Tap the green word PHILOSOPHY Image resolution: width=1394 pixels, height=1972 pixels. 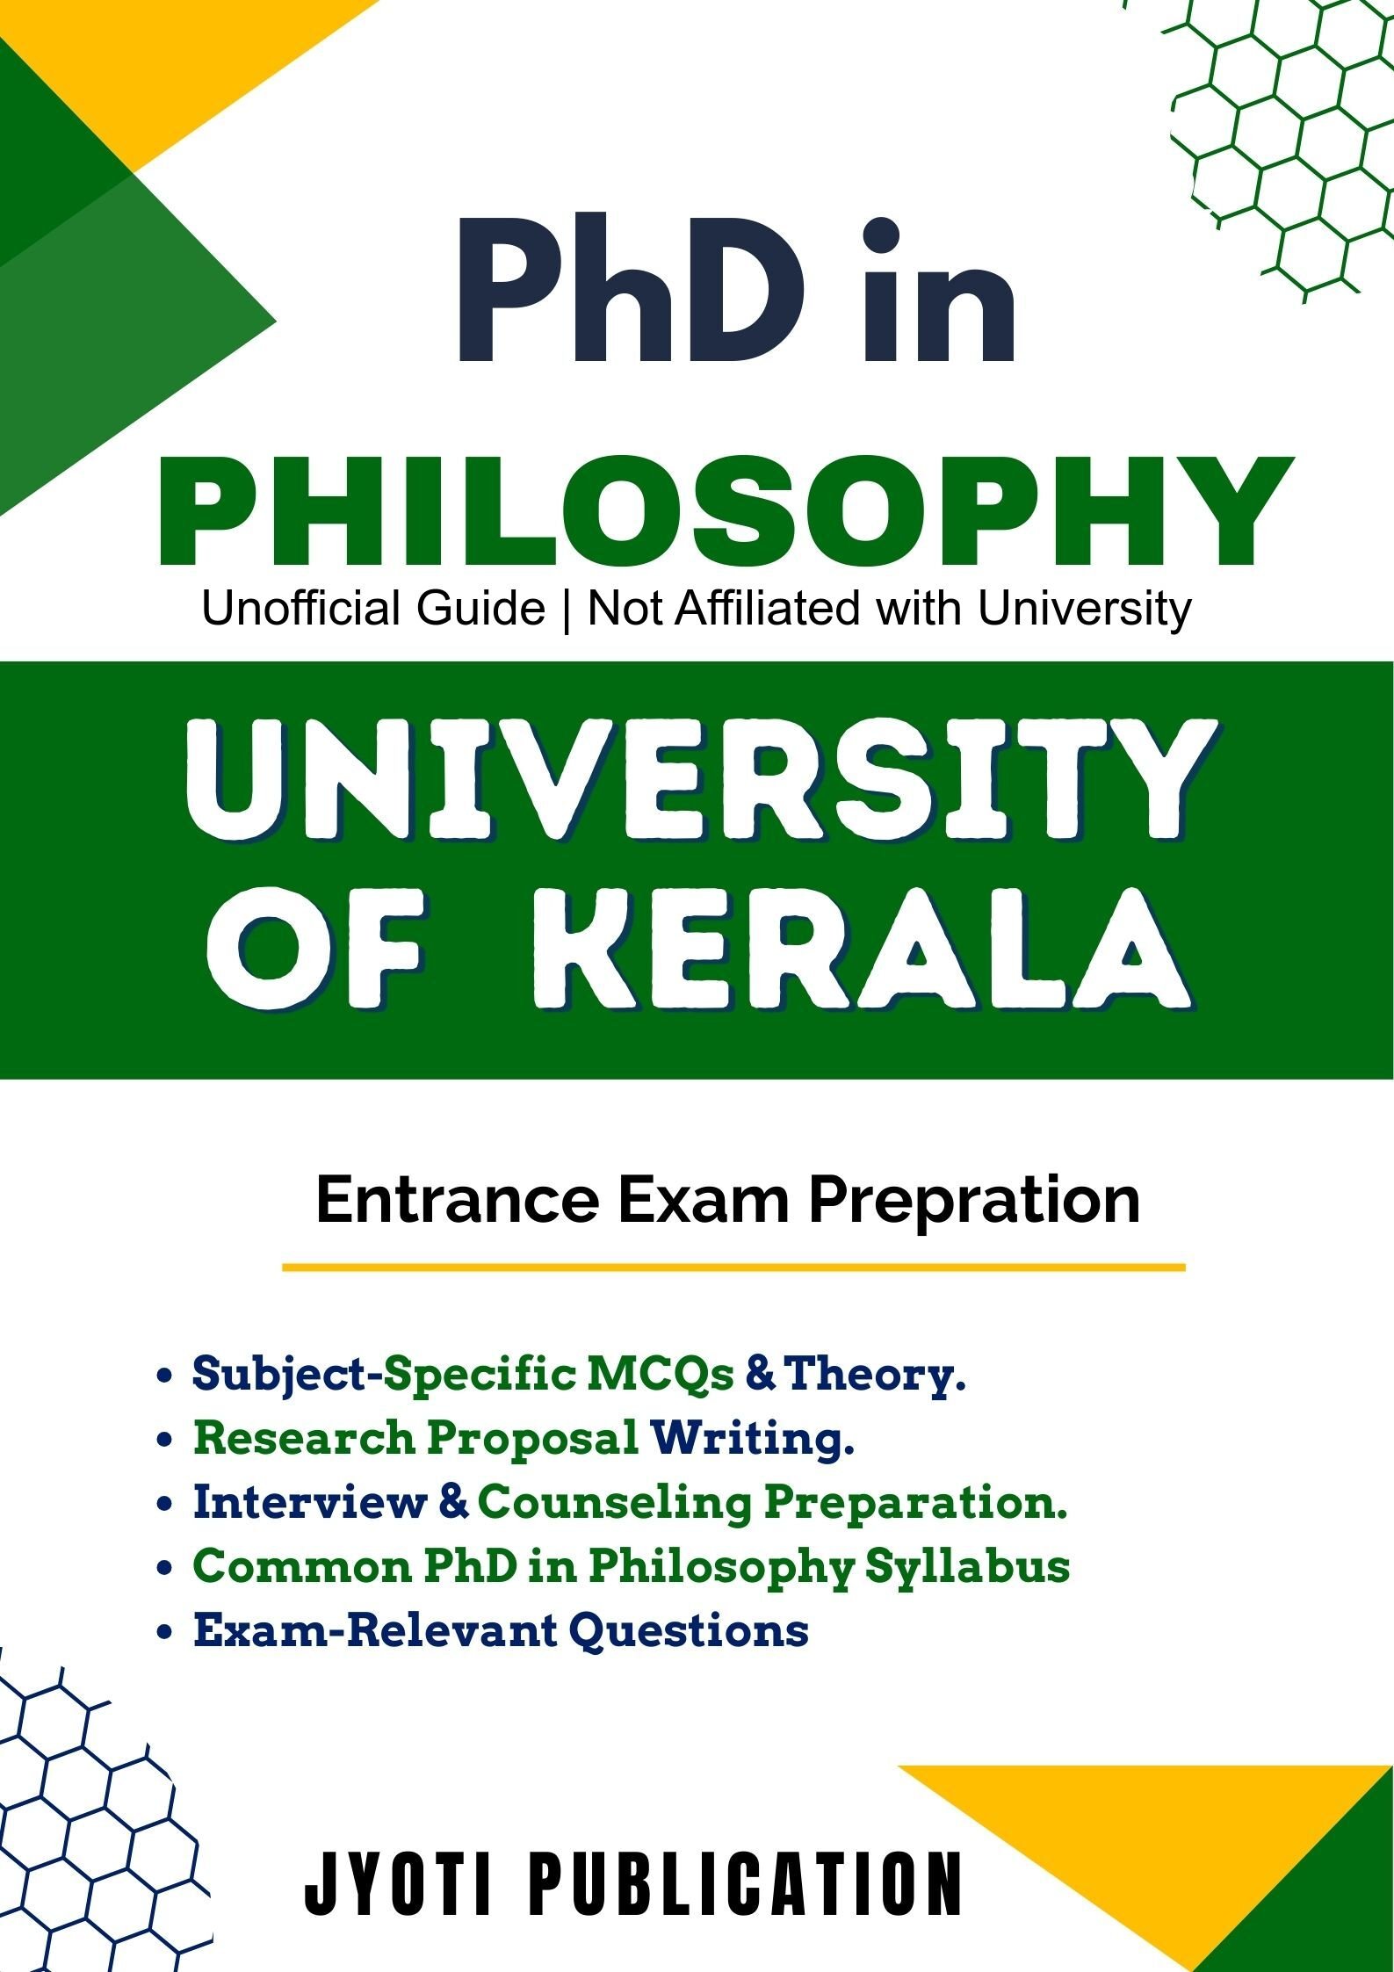pos(726,512)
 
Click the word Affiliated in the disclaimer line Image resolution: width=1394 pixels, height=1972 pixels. pos(767,608)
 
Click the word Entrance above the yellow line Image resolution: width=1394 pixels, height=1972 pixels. pos(457,1199)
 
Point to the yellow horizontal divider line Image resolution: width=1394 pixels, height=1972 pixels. pos(733,1268)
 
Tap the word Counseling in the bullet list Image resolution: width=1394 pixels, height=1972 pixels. pos(615,1502)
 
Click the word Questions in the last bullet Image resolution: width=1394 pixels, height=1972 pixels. pos(689,1629)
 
